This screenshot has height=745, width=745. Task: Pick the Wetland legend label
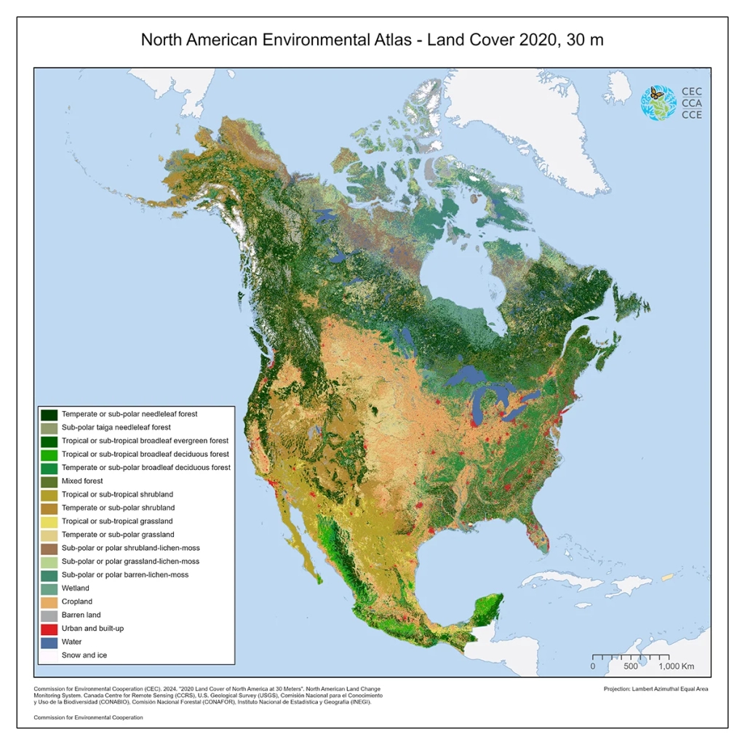[76, 588]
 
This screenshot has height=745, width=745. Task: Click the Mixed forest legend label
[82, 481]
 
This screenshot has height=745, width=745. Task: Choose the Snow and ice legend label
[85, 656]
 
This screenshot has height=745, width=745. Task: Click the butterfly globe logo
[658, 103]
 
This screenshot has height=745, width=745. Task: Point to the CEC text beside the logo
[692, 92]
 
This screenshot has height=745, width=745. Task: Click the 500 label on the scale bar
[630, 666]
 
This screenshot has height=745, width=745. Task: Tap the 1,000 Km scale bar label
[677, 666]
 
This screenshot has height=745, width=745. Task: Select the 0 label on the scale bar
[592, 666]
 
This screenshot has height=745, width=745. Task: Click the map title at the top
[372, 40]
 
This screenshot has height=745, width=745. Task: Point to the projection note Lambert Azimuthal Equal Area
[656, 688]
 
